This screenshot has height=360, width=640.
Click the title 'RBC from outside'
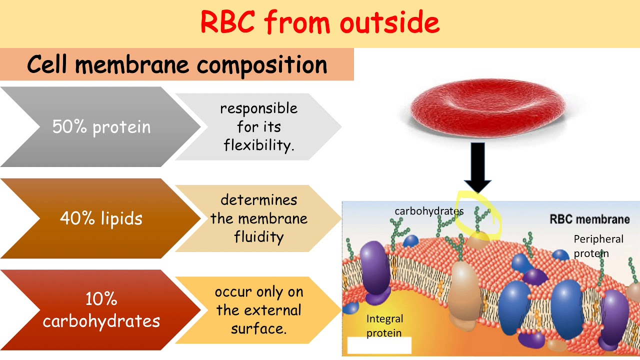320,22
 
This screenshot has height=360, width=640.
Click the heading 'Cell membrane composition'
177,64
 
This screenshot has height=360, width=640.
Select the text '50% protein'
101,127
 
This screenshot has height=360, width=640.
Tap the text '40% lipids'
101,218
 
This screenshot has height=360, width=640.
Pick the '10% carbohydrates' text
101,310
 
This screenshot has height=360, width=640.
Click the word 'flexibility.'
259,145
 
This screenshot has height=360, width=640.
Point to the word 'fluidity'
258,237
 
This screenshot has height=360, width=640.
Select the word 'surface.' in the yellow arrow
258,329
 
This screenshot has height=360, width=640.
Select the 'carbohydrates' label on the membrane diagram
429,211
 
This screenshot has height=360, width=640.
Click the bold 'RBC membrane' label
589,219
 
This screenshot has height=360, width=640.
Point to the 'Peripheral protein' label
598,246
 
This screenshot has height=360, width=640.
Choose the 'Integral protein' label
384,325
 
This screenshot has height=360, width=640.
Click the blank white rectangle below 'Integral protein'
379,345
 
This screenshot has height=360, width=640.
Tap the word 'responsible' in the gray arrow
258,108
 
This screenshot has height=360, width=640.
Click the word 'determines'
258,200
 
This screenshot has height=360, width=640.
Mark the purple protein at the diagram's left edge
374,269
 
